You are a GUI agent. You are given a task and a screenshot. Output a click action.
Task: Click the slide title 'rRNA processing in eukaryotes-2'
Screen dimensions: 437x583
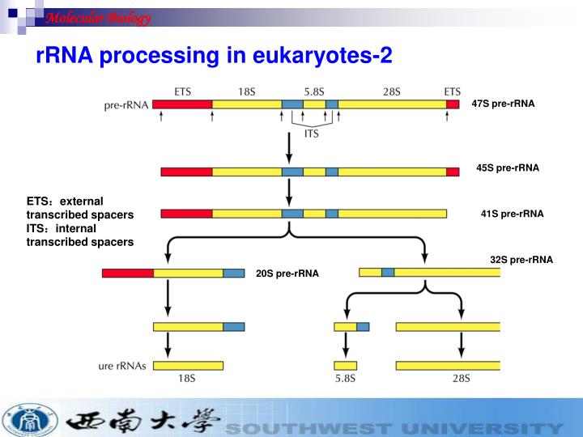click(214, 56)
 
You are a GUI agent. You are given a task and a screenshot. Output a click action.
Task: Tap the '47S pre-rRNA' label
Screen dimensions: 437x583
click(503, 104)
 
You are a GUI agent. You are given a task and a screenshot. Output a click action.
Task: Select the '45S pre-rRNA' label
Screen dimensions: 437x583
click(507, 168)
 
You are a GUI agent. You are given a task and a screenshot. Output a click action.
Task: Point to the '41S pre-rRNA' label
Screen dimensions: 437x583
click(512, 214)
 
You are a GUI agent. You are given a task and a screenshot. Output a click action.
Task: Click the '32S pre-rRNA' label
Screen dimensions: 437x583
click(521, 260)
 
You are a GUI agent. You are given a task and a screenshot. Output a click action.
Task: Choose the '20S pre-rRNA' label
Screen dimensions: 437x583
click(287, 274)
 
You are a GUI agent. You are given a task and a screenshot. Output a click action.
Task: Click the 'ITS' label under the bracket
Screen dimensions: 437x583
click(311, 134)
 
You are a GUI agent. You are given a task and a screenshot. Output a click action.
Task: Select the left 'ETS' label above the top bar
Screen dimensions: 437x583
click(183, 91)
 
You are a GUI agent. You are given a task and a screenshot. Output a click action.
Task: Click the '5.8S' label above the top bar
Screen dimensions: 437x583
click(314, 91)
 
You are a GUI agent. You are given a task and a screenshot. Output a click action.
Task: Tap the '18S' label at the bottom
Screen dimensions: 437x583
click(187, 378)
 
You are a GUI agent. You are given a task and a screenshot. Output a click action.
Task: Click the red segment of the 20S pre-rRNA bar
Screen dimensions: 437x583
click(127, 274)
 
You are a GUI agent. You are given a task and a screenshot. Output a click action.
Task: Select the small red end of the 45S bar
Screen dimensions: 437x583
click(453, 172)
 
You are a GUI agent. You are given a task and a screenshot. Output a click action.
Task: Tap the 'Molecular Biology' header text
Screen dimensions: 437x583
click(97, 18)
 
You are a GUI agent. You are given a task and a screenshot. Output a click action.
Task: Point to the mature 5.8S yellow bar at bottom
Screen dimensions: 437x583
click(345, 365)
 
